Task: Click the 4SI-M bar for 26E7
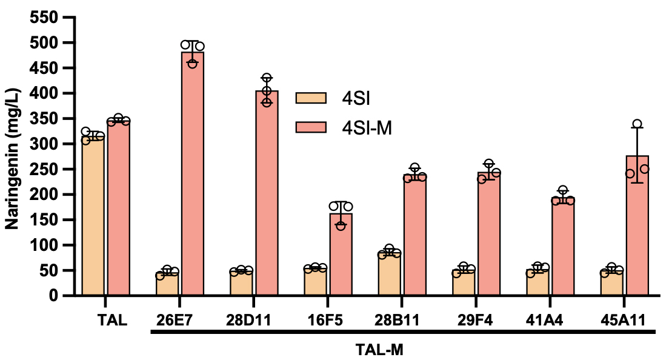193,176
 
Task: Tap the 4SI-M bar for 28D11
267,194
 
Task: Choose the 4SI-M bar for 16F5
341,255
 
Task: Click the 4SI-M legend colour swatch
311,126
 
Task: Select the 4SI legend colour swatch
311,98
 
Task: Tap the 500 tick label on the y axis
45,43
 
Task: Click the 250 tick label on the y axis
45,169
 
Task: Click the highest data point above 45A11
637,124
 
